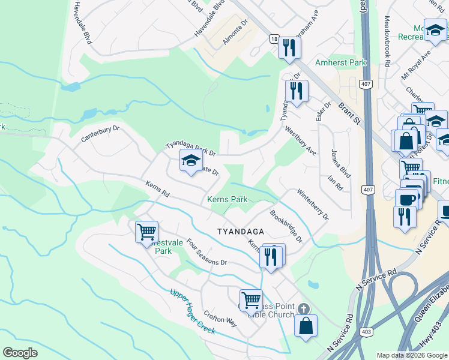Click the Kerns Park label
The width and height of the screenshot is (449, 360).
227,199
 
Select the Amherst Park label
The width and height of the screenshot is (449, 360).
342,62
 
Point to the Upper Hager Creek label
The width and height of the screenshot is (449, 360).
192,311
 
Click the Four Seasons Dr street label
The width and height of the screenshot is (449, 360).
206,253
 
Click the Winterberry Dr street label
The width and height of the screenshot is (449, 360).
313,205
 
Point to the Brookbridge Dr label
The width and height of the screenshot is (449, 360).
286,226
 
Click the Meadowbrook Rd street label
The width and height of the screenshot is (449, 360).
387,42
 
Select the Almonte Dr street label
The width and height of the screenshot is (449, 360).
236,31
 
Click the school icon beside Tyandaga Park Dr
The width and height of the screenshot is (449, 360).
191,161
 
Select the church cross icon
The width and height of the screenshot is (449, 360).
304,309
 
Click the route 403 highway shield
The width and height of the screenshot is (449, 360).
366,332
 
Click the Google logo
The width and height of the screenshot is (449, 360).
21,352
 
